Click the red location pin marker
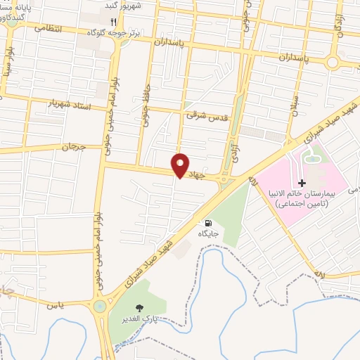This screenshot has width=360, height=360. pos(181,165)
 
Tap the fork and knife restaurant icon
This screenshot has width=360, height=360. pos(113,22)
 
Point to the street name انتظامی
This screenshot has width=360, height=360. pos(48,30)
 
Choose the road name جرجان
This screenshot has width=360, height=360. pos(70,148)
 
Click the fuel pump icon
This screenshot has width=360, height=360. pos(207,222)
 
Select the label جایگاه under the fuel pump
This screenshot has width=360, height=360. pos(207,233)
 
